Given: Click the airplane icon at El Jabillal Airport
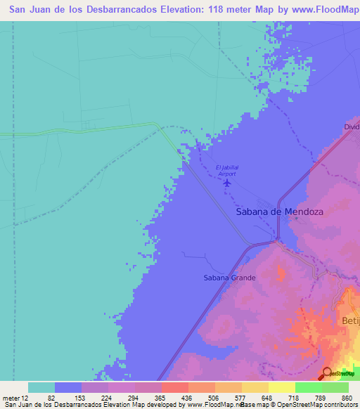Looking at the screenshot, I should point(226,183).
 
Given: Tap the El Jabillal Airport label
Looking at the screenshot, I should point(228,170).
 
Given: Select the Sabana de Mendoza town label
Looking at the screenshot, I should point(278,211).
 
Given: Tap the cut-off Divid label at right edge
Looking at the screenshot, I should point(352,126).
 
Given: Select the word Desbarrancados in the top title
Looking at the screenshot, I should point(105,11).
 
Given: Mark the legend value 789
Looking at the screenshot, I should point(321,398).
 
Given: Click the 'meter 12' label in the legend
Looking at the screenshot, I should point(15,398).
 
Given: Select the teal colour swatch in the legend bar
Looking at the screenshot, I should point(41,387).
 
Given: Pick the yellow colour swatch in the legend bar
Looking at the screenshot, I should point(281,387).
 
